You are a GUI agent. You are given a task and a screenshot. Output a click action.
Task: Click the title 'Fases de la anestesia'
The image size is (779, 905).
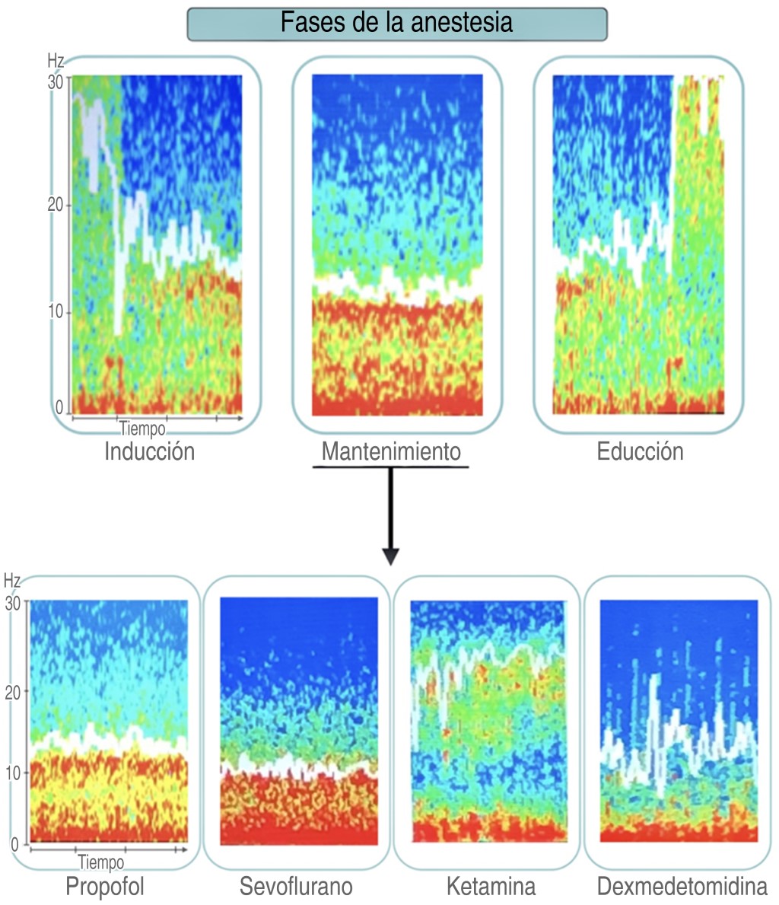click(396, 22)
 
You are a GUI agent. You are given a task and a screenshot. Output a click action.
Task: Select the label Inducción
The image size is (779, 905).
click(149, 451)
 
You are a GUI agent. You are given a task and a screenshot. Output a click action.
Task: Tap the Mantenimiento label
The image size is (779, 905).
click(391, 451)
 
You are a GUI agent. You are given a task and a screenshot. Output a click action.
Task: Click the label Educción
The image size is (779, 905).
click(640, 451)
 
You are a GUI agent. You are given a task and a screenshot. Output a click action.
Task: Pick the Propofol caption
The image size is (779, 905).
click(105, 887)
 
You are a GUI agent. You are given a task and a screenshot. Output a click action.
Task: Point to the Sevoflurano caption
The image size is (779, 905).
click(296, 887)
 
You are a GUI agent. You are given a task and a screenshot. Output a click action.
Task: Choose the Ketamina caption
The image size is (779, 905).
click(491, 887)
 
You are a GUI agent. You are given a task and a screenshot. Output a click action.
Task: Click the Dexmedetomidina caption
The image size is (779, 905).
click(682, 887)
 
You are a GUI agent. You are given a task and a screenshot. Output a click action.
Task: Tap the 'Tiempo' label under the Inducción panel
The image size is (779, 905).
click(141, 429)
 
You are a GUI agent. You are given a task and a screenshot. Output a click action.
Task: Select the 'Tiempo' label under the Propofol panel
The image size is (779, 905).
click(100, 863)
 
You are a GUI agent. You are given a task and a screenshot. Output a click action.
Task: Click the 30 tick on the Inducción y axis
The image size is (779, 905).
click(55, 83)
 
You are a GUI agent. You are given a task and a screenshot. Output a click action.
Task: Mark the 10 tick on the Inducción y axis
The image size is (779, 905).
click(55, 313)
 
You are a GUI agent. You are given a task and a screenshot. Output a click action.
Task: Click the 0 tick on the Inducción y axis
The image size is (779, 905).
click(60, 409)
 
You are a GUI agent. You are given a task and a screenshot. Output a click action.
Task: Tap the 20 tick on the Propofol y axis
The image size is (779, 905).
click(13, 690)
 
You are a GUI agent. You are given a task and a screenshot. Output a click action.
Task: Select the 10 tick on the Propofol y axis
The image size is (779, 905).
click(13, 773)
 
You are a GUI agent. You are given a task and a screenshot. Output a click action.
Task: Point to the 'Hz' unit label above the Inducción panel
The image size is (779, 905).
click(56, 60)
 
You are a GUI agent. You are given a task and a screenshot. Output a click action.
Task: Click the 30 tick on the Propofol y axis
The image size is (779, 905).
click(13, 604)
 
